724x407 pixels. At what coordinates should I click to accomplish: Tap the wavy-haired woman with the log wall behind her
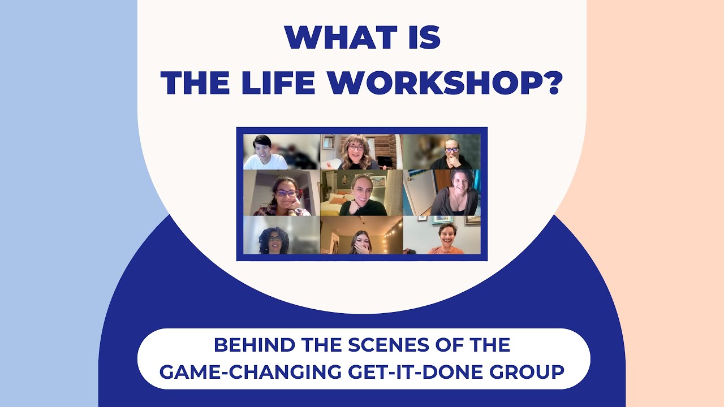click(x=357, y=151)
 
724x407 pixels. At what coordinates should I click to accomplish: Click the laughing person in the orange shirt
click(x=447, y=239)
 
